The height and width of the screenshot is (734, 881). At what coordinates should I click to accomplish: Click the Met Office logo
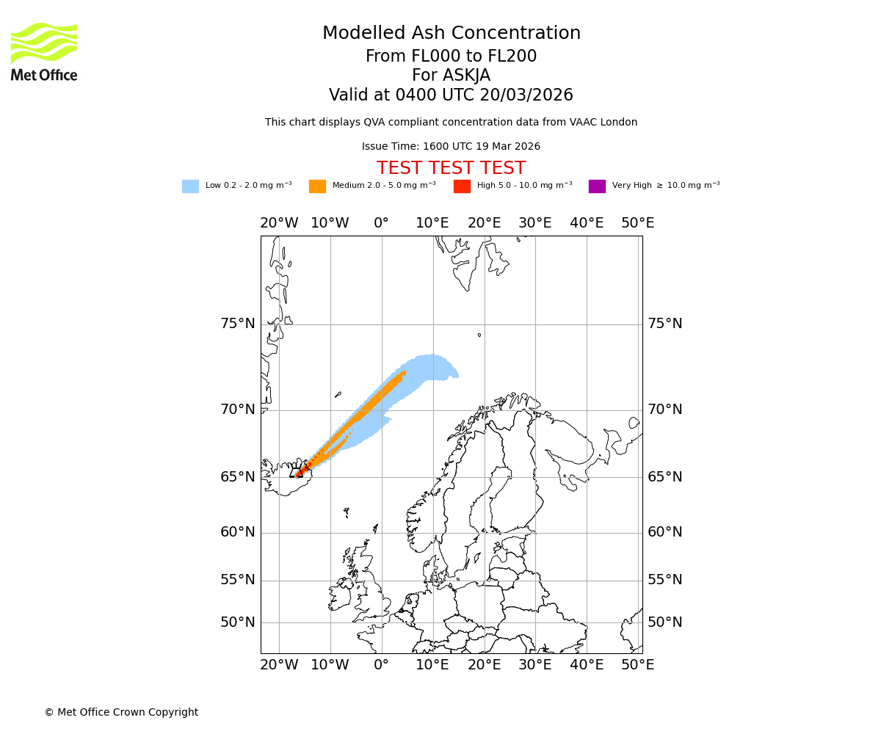(x=44, y=51)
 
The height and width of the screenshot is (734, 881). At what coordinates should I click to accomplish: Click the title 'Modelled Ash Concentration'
(x=451, y=34)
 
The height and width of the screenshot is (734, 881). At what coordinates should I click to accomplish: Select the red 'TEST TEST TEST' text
(x=451, y=168)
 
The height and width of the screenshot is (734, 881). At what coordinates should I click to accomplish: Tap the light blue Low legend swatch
(x=190, y=186)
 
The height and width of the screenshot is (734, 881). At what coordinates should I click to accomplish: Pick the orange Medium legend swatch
(x=317, y=186)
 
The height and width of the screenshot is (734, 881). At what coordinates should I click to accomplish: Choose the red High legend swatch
(x=462, y=186)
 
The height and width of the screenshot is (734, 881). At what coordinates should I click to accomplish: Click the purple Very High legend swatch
(x=597, y=186)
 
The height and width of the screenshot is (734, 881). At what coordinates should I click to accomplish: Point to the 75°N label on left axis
(x=238, y=324)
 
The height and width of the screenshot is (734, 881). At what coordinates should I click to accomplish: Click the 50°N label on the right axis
(x=664, y=622)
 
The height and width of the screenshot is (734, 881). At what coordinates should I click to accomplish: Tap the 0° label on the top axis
(x=381, y=223)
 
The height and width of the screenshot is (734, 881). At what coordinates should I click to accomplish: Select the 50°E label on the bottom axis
(x=637, y=665)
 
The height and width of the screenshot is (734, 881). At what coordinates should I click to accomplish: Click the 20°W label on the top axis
(x=279, y=223)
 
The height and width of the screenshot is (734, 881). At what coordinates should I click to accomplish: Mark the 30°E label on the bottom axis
(x=534, y=665)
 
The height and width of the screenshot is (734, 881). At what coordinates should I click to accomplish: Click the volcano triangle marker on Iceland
(x=299, y=473)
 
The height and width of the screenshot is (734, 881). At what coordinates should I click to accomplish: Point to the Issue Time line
(x=451, y=147)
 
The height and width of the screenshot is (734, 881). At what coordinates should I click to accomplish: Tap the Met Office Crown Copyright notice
(x=121, y=712)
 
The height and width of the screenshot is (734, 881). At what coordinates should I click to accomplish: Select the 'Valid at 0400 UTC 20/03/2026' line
(x=451, y=95)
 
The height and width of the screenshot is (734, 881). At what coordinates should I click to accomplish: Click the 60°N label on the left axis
(x=238, y=532)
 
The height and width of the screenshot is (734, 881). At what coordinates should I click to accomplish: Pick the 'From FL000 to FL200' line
(x=451, y=57)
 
